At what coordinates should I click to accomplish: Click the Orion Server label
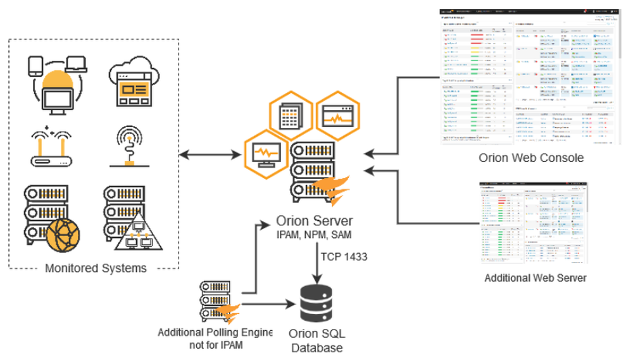pos(315,221)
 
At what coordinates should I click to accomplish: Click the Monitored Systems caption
pos(96,268)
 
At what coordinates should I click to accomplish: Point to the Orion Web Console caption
pos(531,158)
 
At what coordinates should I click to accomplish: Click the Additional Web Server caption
pos(535,278)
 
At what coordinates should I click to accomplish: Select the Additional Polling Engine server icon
pos(217,300)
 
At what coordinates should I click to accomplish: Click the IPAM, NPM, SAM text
pos(315,235)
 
